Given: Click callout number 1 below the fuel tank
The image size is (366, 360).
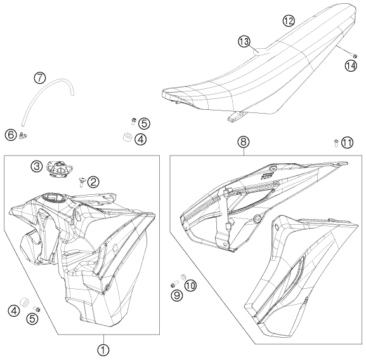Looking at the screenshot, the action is [103, 350].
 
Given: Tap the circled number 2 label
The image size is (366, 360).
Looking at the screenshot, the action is [93, 182].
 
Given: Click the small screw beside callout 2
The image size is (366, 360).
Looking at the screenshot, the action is [82, 182].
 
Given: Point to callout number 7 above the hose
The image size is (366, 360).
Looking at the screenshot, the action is [40, 78].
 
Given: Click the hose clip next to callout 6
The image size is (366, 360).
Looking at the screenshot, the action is [23, 135].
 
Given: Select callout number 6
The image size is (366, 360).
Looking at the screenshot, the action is [11, 135].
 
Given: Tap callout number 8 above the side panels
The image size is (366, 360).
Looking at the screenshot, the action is [244, 142].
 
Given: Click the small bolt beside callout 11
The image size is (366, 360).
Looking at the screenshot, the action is [336, 142].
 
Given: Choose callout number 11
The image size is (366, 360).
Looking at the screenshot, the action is [347, 142].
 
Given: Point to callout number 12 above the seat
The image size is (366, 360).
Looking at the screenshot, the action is [289, 20].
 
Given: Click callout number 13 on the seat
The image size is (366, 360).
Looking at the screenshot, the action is [244, 41].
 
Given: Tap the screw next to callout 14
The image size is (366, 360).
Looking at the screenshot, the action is [354, 56].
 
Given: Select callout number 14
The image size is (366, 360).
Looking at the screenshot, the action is [351, 65].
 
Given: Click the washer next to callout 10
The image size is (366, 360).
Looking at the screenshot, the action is [183, 277].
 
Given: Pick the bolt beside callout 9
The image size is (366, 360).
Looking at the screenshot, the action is [174, 284].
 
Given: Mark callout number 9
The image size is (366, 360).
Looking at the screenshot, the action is [177, 295].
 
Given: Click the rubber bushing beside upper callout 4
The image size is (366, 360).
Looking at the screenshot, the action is [127, 137].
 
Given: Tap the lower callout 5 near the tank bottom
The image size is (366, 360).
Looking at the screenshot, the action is [32, 319].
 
